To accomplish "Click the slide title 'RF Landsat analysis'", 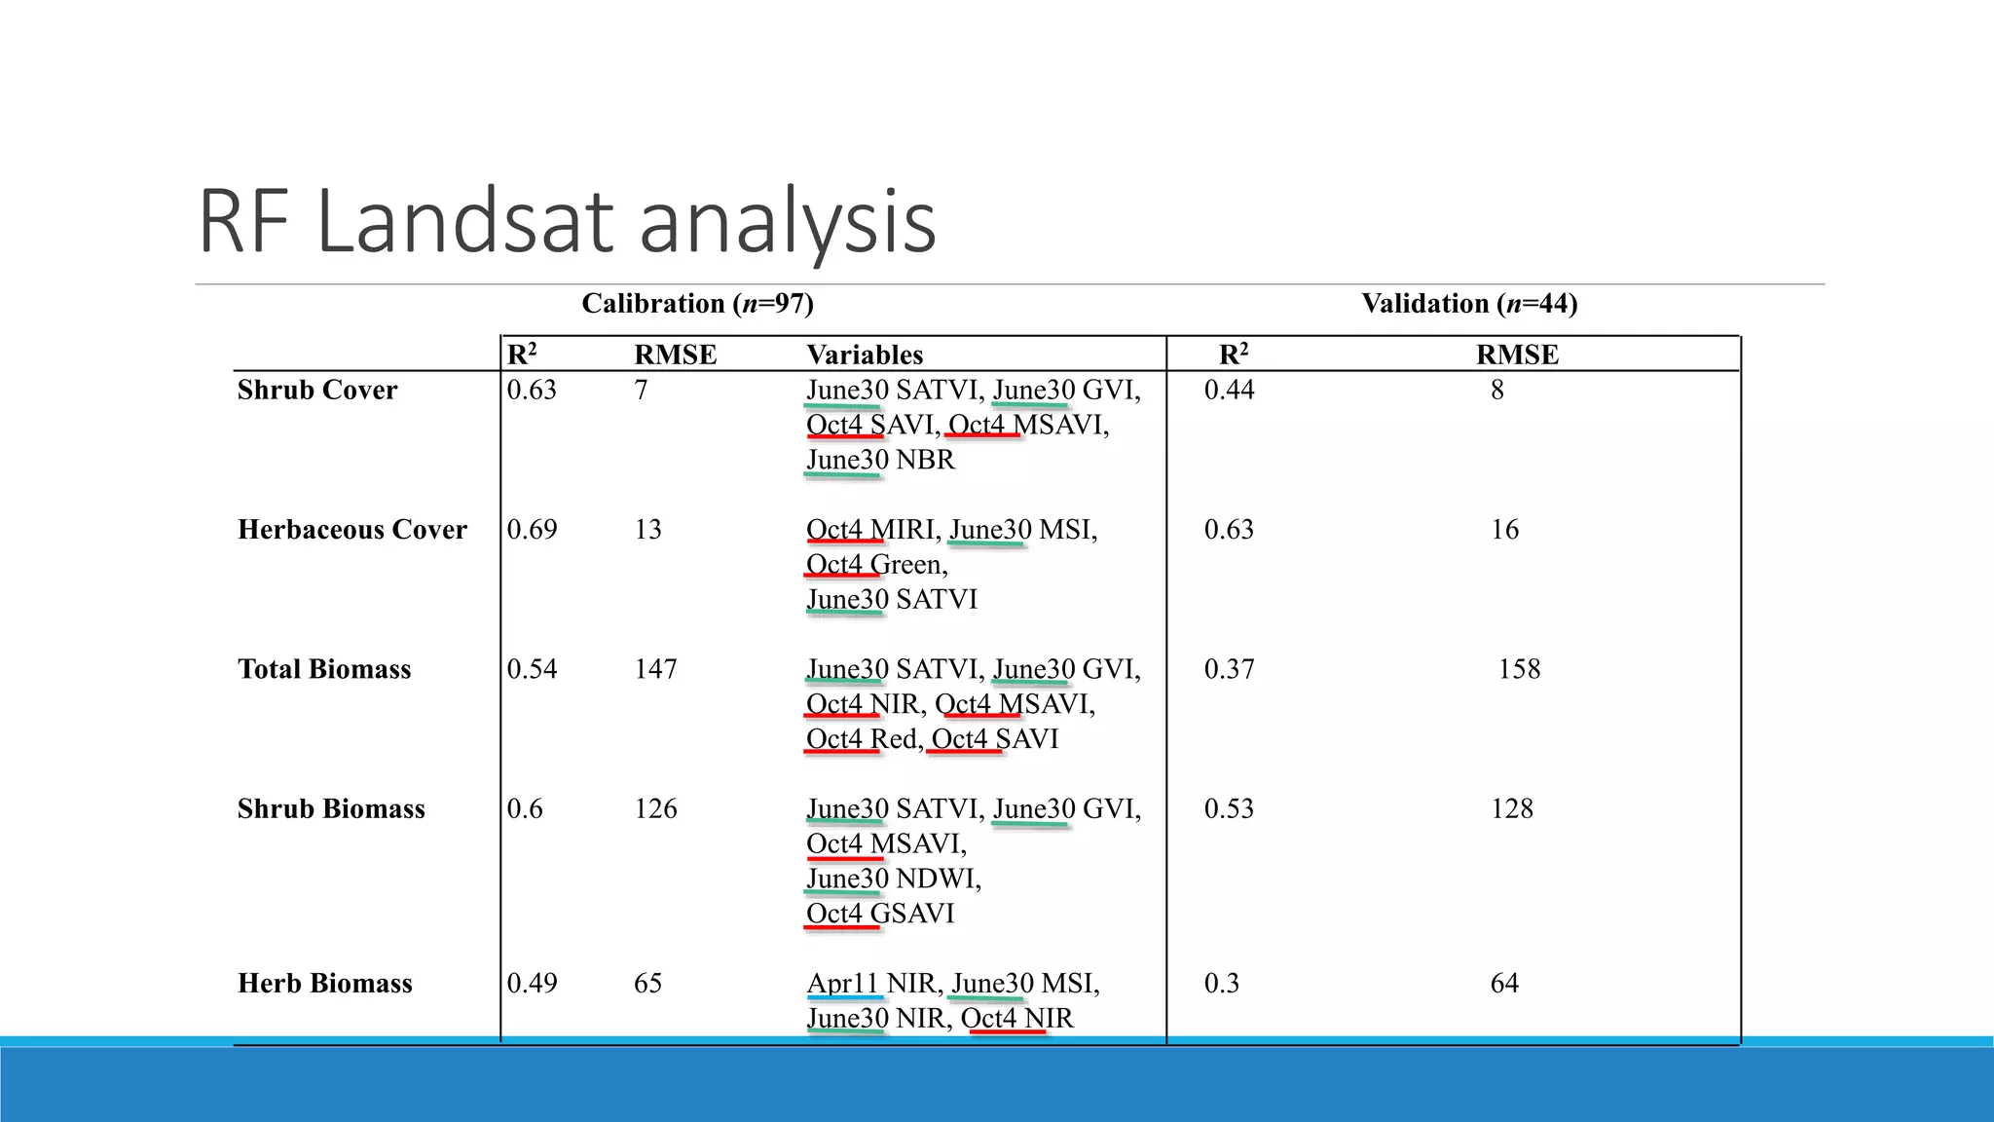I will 567,222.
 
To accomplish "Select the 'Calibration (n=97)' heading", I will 697,304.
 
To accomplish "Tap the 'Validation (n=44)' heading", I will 1469,304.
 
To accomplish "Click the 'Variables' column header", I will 865,355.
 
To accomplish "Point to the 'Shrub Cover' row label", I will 317,390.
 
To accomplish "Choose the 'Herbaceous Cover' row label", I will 352,530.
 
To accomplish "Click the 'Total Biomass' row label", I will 324,669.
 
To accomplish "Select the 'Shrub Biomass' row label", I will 331,808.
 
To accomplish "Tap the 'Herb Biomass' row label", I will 325,984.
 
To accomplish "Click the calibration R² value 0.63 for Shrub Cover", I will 532,390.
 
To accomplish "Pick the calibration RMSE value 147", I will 655,669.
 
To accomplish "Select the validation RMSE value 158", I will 1519,669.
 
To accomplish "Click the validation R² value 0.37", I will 1229,669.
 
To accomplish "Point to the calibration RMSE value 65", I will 647,984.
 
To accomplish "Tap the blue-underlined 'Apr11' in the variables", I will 843,984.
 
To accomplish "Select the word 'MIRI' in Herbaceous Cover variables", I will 904,530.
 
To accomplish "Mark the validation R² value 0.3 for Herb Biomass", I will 1221,984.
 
